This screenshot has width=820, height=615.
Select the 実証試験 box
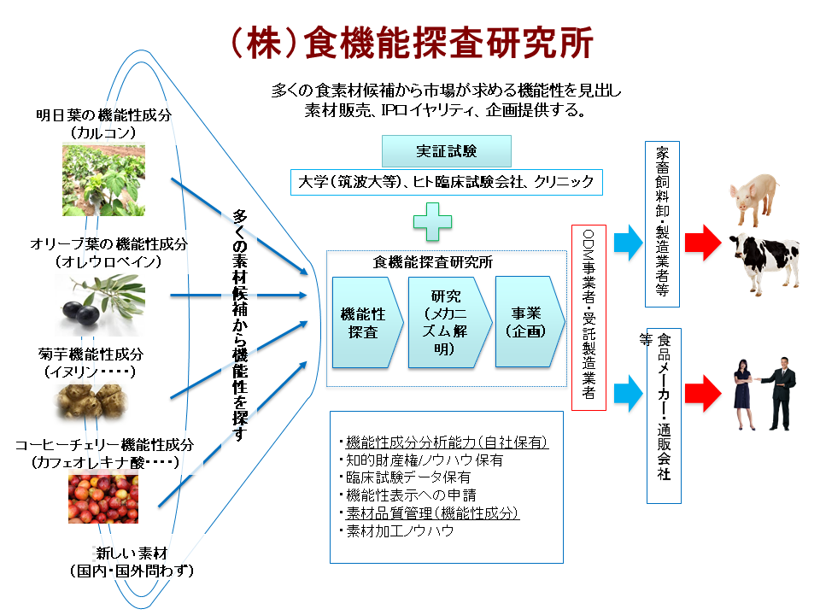[x=446, y=151]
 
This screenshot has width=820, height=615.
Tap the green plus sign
[x=432, y=220]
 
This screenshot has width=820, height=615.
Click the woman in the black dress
[x=740, y=394]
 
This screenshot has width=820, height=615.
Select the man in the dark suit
[x=781, y=394]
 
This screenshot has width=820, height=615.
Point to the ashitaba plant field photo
[x=103, y=179]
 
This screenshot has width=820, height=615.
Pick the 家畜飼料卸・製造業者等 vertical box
[x=662, y=223]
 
